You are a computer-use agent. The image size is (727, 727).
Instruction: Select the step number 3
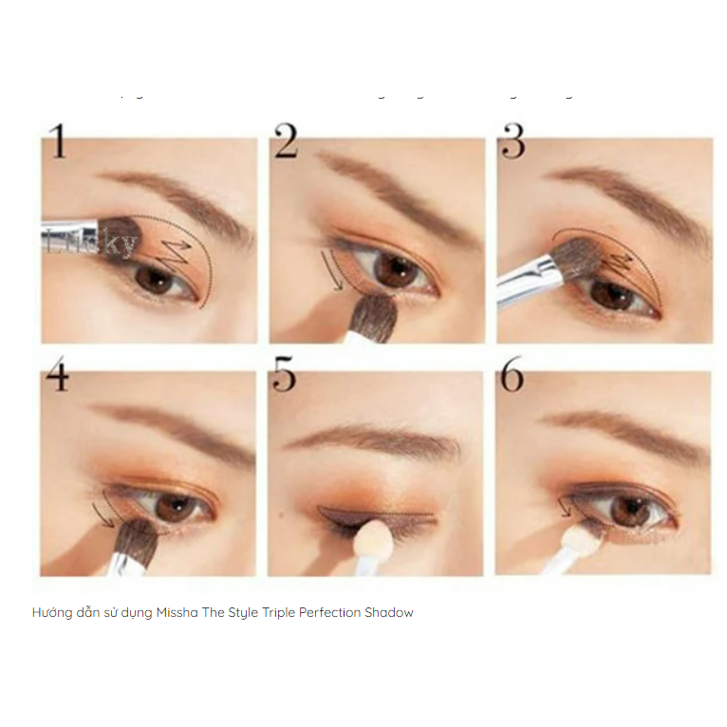pos(513,141)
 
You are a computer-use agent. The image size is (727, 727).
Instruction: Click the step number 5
pos(284,376)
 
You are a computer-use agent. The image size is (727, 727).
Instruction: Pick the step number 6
pos(512,376)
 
